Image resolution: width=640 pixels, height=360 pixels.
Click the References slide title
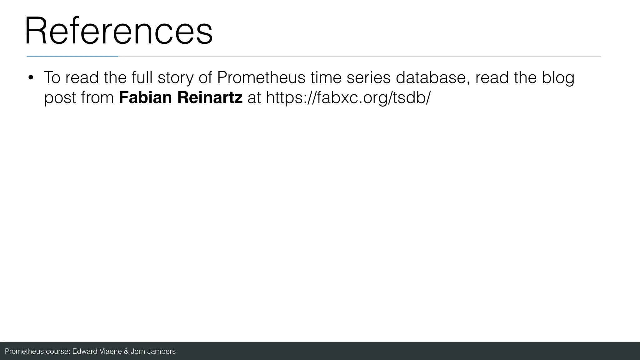tap(119, 31)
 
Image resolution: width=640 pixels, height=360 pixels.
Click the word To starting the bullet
tap(52, 77)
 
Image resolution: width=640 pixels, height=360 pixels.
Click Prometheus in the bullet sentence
tap(261, 77)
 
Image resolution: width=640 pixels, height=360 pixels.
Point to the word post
tap(59, 98)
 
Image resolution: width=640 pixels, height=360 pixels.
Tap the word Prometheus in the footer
tap(24, 351)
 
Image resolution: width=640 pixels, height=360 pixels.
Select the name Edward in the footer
tap(85, 351)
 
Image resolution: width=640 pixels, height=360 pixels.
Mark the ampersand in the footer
tap(126, 351)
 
